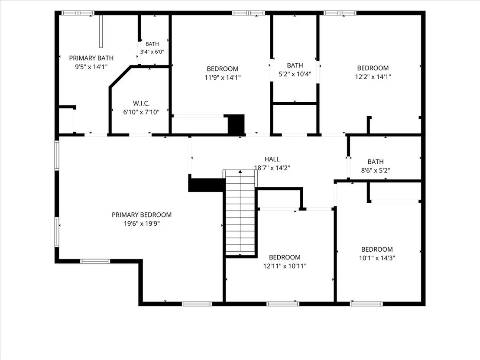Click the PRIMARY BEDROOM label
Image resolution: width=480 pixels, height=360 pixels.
pyautogui.click(x=141, y=215)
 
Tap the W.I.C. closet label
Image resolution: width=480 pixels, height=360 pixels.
pyautogui.click(x=141, y=104)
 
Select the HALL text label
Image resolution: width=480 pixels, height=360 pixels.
pyautogui.click(x=272, y=159)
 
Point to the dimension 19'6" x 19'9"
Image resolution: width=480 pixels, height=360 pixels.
pyautogui.click(x=141, y=224)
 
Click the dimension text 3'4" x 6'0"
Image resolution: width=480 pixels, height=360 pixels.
pyautogui.click(x=152, y=52)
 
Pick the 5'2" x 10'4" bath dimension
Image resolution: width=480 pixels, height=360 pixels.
pyautogui.click(x=295, y=74)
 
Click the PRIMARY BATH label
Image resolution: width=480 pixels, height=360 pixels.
pyautogui.click(x=91, y=58)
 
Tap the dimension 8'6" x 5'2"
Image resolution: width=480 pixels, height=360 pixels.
pyautogui.click(x=375, y=171)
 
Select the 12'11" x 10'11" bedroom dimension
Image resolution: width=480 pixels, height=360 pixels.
pyautogui.click(x=285, y=266)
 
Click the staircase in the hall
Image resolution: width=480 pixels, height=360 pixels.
pyautogui.click(x=240, y=212)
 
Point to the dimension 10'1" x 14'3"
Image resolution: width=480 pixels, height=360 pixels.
pyautogui.click(x=377, y=258)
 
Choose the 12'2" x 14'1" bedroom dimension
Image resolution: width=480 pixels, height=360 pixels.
pyautogui.click(x=373, y=77)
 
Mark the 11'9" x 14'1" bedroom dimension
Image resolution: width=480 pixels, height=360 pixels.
pyautogui.click(x=223, y=78)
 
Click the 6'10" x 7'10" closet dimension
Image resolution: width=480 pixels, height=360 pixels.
pyautogui.click(x=141, y=112)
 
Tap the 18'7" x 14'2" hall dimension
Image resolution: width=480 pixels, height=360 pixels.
pyautogui.click(x=272, y=168)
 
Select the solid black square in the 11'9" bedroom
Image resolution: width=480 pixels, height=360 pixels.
pyautogui.click(x=237, y=124)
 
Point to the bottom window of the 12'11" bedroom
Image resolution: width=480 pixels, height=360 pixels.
pyautogui.click(x=282, y=304)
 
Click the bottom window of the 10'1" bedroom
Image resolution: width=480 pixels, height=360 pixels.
pyautogui.click(x=366, y=304)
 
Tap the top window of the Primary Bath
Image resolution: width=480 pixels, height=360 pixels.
pyautogui.click(x=78, y=13)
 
